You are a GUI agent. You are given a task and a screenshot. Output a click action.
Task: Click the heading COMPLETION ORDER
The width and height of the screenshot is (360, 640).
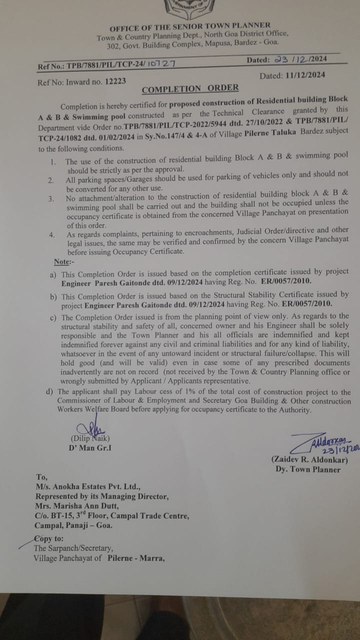click(x=190, y=89)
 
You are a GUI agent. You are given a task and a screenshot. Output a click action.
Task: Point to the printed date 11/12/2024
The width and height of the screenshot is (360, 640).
click(x=300, y=75)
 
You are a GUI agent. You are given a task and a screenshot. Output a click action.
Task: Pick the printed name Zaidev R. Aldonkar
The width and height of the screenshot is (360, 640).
click(x=310, y=459)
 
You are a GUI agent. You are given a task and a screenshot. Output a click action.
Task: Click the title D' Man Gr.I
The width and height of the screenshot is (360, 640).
click(x=90, y=447)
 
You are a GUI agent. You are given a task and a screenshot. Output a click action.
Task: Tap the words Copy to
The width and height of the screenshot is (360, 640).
click(x=48, y=538)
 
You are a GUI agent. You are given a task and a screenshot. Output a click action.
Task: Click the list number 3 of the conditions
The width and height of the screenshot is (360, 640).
click(x=50, y=198)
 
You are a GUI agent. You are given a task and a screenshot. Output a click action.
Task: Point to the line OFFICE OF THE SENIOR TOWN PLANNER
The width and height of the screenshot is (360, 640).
click(x=190, y=25)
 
